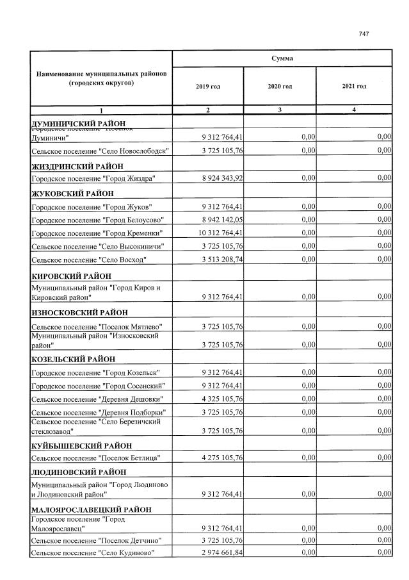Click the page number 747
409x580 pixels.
[364, 34]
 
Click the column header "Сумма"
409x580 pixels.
[282, 58]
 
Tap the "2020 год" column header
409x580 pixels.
[280, 86]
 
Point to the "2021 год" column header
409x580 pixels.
[354, 86]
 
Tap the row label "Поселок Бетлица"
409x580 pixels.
[95, 458]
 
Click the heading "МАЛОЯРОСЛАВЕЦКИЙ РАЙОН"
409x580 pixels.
[92, 510]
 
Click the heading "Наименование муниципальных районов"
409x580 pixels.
[102, 74]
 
